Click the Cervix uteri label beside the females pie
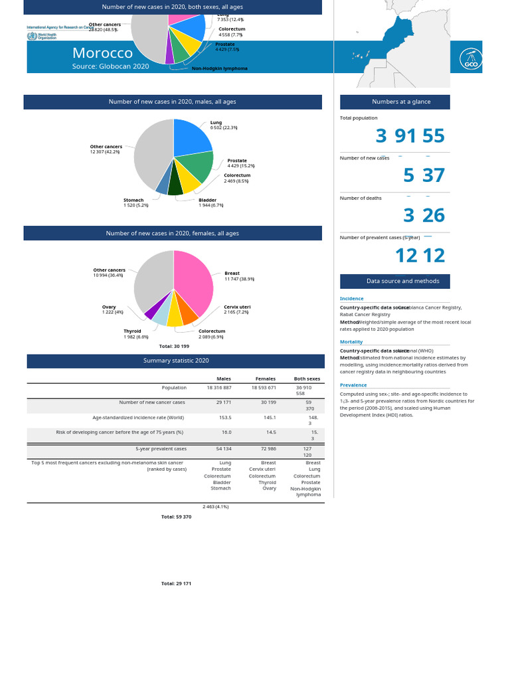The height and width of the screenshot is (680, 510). (237, 307)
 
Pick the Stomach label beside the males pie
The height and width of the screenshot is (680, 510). (133, 200)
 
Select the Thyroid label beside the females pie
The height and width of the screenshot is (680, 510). (132, 331)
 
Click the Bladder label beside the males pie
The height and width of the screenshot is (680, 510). (207, 200)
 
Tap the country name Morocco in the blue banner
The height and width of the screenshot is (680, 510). (102, 53)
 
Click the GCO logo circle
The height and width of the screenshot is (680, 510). (470, 58)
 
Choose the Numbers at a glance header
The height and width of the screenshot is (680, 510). (394, 102)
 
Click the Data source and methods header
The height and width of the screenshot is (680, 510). (394, 281)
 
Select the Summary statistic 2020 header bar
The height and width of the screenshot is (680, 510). (176, 361)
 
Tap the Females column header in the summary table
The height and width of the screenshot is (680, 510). (266, 379)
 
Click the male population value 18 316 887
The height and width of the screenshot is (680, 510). (219, 388)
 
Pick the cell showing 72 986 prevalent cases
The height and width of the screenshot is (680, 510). (264, 449)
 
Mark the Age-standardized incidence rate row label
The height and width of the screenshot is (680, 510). (138, 418)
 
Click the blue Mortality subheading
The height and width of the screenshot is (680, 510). (351, 342)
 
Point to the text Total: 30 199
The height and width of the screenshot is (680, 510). (174, 346)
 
